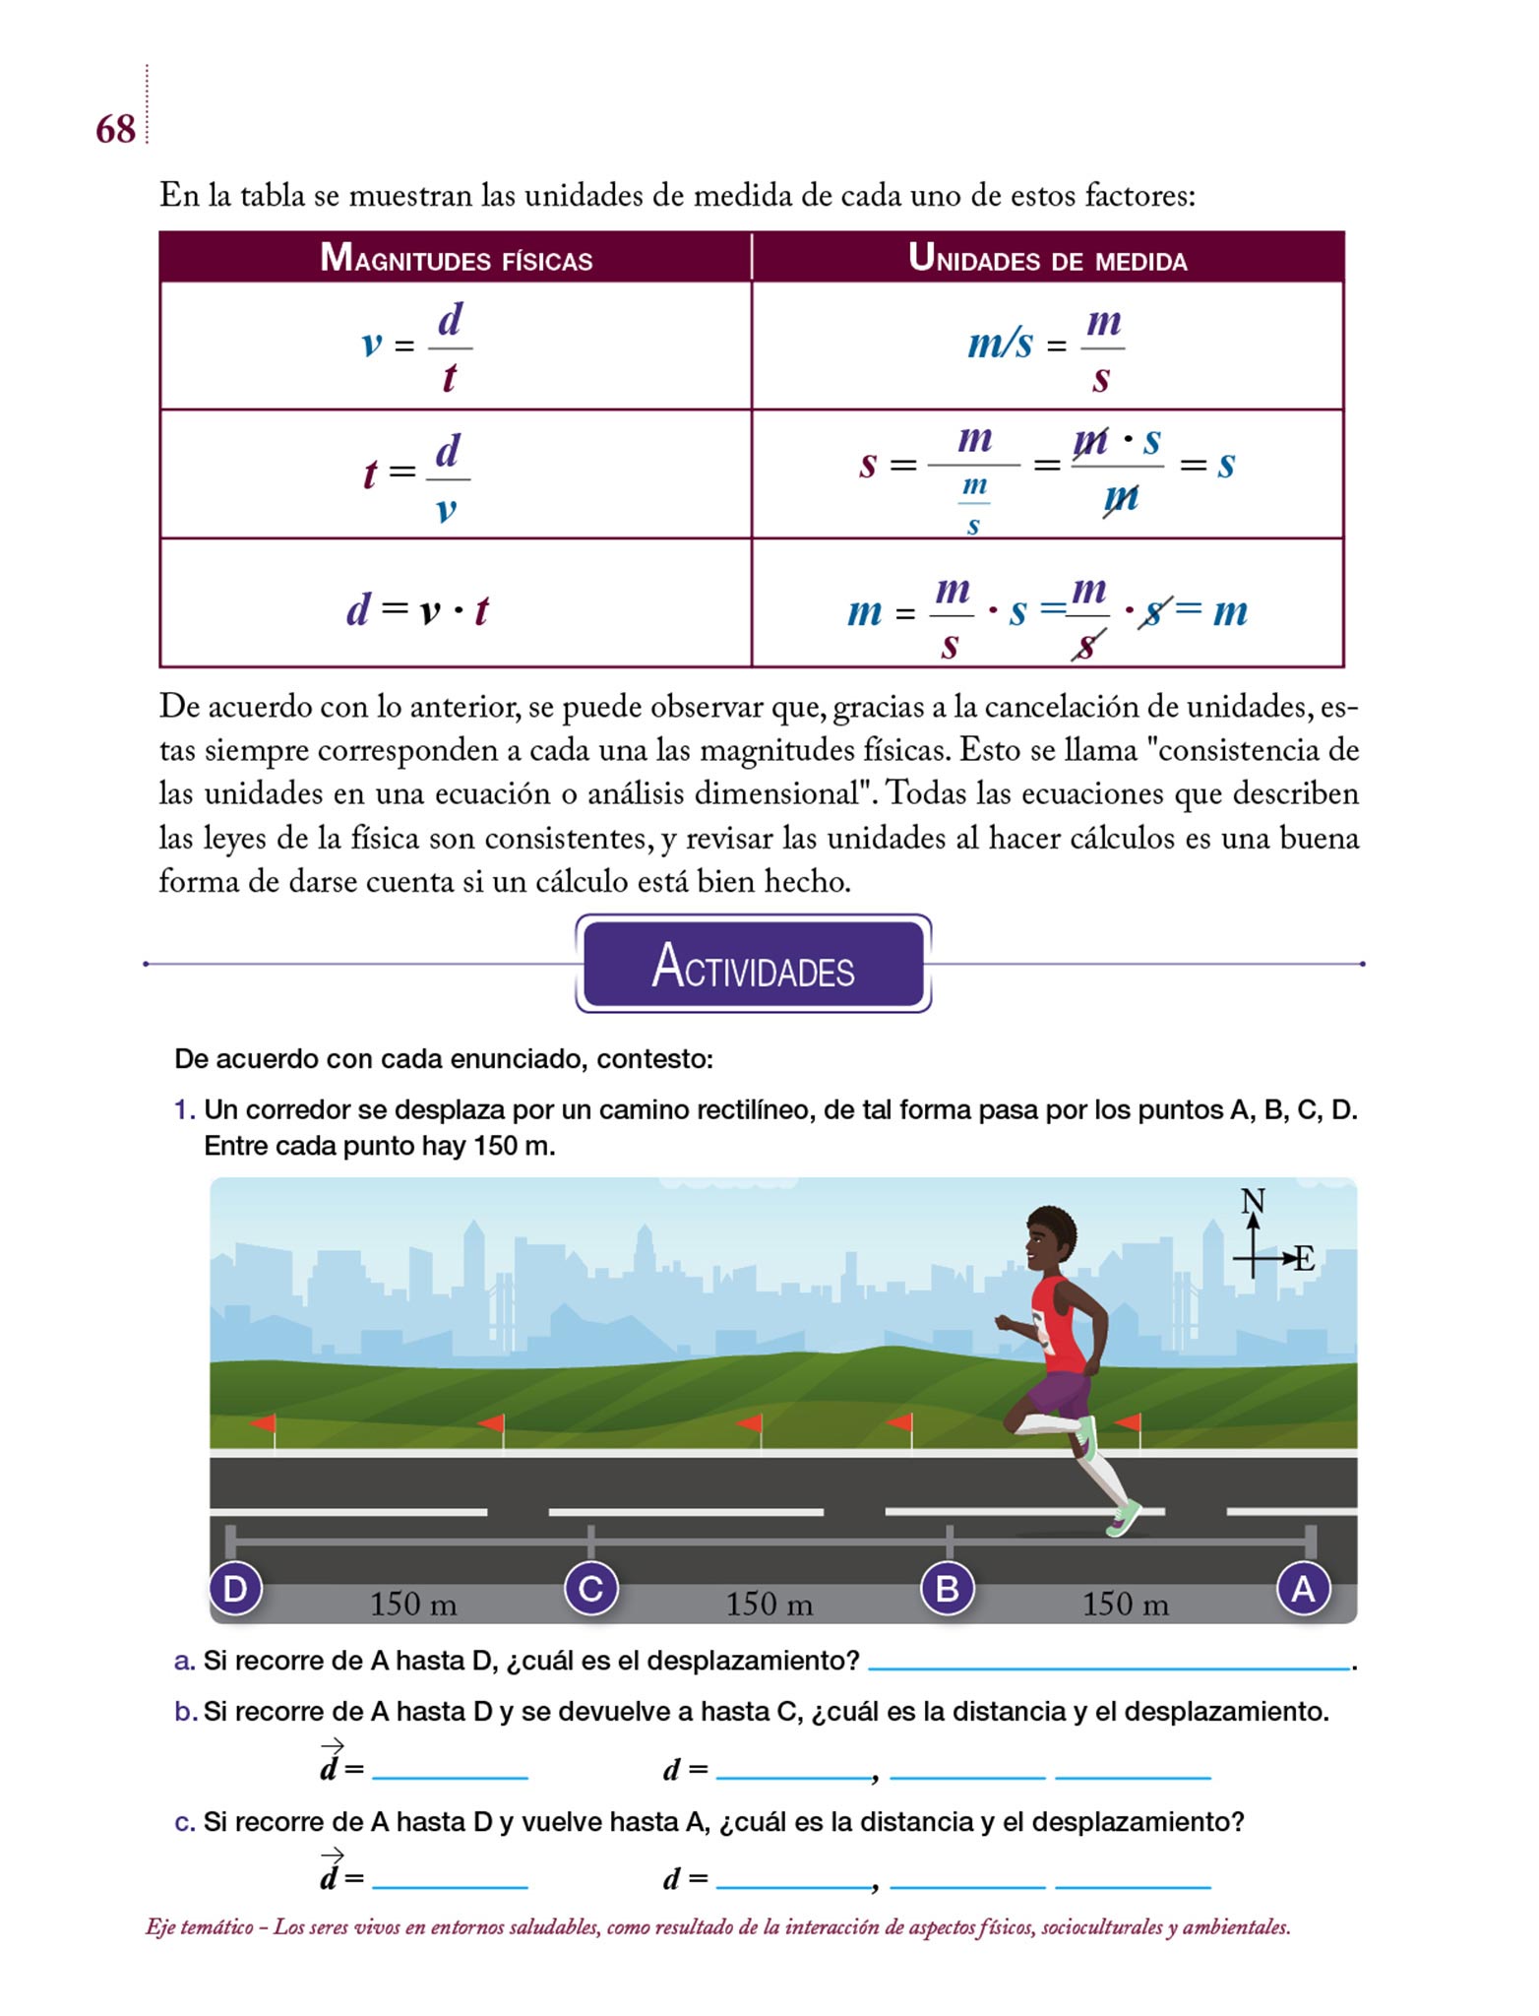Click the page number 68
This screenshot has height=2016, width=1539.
point(115,129)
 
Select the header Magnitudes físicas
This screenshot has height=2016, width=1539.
point(456,259)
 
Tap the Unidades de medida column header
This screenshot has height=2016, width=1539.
point(1047,259)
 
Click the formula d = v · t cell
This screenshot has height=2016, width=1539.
point(417,610)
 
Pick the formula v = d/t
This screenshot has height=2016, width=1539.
point(417,346)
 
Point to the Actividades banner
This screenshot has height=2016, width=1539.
point(753,965)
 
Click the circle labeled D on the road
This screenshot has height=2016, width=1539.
point(235,1589)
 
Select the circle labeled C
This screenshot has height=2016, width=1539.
point(590,1589)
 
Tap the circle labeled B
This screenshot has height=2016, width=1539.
point(947,1589)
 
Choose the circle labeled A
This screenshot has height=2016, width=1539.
point(1303,1589)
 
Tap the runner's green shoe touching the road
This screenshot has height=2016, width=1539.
point(1125,1518)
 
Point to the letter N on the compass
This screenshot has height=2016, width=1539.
point(1253,1201)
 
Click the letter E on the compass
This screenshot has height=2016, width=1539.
point(1304,1259)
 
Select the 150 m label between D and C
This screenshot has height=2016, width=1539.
point(413,1606)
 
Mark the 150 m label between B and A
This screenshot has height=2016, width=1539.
point(1126,1606)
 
